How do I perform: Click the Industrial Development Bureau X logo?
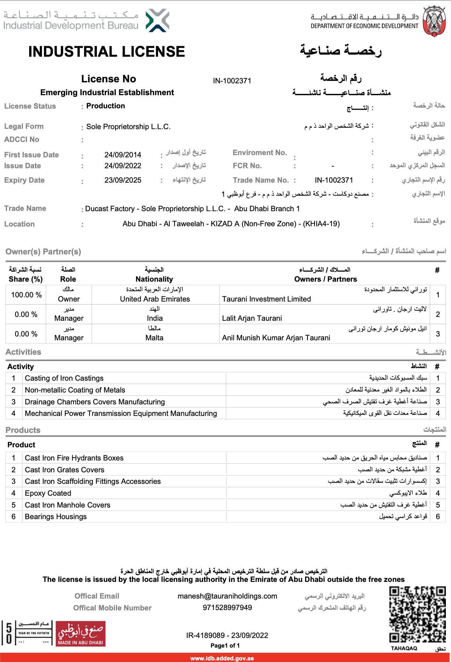(157, 21)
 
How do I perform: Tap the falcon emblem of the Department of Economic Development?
(434, 21)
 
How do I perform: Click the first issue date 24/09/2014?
(123, 155)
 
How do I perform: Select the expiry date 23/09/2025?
(123, 180)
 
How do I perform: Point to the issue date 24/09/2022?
(123, 166)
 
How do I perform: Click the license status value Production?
(106, 106)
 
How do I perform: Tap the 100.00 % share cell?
(26, 295)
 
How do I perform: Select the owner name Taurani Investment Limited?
(266, 299)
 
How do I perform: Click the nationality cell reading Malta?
(154, 338)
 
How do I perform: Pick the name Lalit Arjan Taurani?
(252, 318)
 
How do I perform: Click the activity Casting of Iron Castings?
(64, 378)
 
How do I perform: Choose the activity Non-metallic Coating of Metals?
(75, 390)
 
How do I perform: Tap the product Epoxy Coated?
(48, 493)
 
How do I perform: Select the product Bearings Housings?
(56, 517)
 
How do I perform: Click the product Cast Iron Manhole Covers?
(68, 505)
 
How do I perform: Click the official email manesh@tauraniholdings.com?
(227, 596)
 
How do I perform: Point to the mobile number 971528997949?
(227, 608)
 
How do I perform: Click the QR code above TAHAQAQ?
(417, 614)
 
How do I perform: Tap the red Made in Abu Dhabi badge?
(81, 633)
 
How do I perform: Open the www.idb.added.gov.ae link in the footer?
(222, 658)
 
